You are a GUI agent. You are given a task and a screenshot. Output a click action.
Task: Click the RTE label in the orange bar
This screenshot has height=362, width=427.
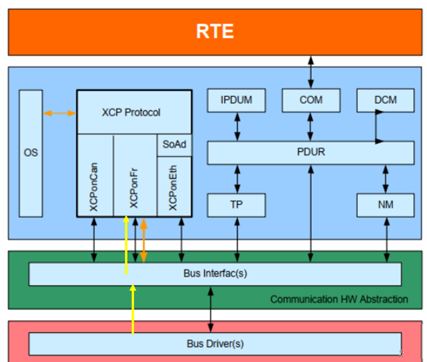click(x=215, y=31)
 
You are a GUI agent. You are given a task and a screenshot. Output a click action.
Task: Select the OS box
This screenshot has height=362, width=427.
click(x=31, y=154)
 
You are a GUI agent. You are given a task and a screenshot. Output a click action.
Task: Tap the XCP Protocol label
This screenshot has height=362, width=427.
click(x=131, y=112)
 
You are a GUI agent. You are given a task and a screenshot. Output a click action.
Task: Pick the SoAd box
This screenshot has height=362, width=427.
click(x=174, y=145)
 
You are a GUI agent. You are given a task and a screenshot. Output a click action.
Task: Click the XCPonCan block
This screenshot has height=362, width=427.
click(x=95, y=175)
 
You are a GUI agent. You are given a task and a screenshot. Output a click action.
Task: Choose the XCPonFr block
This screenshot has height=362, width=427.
click(x=135, y=175)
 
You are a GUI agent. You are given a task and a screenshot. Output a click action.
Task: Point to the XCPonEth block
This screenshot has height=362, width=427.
click(x=174, y=186)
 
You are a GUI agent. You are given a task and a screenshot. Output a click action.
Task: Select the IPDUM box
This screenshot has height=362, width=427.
click(x=236, y=100)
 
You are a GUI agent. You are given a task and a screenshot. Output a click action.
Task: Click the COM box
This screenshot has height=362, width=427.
click(x=311, y=100)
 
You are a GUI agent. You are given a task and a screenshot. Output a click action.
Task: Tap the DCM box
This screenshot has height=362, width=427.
click(x=386, y=100)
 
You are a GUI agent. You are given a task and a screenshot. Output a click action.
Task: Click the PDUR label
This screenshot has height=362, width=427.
click(x=311, y=152)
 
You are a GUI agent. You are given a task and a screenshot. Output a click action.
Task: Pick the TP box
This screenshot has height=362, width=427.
click(x=236, y=205)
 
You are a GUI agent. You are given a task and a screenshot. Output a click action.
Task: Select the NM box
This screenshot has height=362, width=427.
click(x=386, y=205)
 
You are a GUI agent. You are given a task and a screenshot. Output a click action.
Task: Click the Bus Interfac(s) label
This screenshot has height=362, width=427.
click(x=215, y=273)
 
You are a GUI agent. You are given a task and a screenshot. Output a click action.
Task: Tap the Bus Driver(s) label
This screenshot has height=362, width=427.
click(x=215, y=344)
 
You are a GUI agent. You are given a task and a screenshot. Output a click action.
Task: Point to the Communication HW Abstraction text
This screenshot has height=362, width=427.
click(x=339, y=300)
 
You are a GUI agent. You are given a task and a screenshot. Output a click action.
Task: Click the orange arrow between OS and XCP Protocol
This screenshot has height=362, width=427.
click(x=60, y=113)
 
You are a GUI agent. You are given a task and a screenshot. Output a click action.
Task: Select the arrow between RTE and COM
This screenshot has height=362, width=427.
click(x=311, y=72)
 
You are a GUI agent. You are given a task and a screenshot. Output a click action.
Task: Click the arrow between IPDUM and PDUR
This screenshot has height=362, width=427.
click(x=237, y=127)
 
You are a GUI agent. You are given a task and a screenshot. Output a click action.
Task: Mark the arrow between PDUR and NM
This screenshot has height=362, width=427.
click(x=386, y=179)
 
